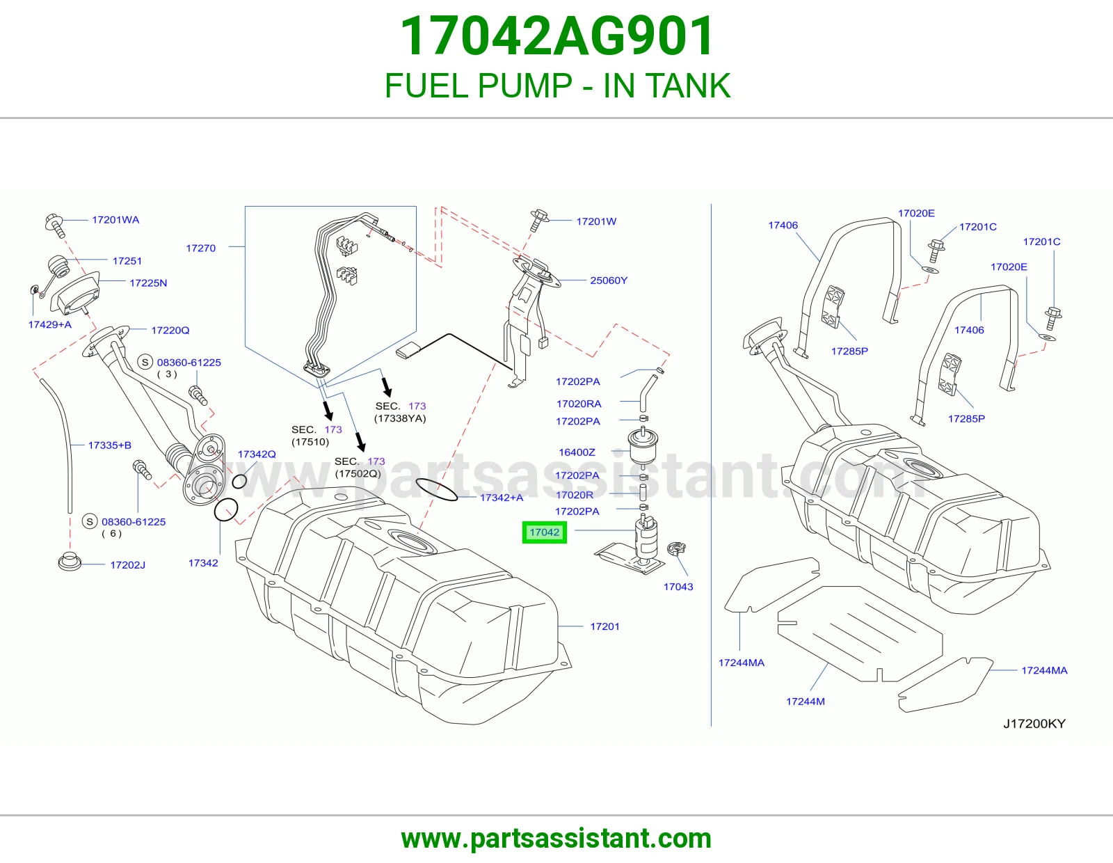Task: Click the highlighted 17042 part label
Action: (x=544, y=532)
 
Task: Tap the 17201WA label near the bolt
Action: (x=115, y=220)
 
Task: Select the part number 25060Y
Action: (x=609, y=280)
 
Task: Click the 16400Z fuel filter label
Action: (x=577, y=452)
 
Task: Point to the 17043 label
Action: (x=678, y=587)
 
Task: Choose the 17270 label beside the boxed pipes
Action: (x=201, y=248)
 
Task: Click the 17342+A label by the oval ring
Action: (x=502, y=498)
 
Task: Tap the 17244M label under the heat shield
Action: (x=805, y=702)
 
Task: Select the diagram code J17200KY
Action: (x=1034, y=724)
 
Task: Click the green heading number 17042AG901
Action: (x=556, y=36)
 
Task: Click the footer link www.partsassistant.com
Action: (x=556, y=839)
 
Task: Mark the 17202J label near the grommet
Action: (x=127, y=564)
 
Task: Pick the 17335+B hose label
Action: (x=110, y=445)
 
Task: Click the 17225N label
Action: (x=148, y=283)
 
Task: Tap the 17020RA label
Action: (x=579, y=404)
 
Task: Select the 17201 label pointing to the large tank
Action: (x=604, y=626)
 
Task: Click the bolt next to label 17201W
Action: (x=539, y=220)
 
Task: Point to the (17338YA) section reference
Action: (x=400, y=418)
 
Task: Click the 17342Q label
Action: (x=257, y=454)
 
